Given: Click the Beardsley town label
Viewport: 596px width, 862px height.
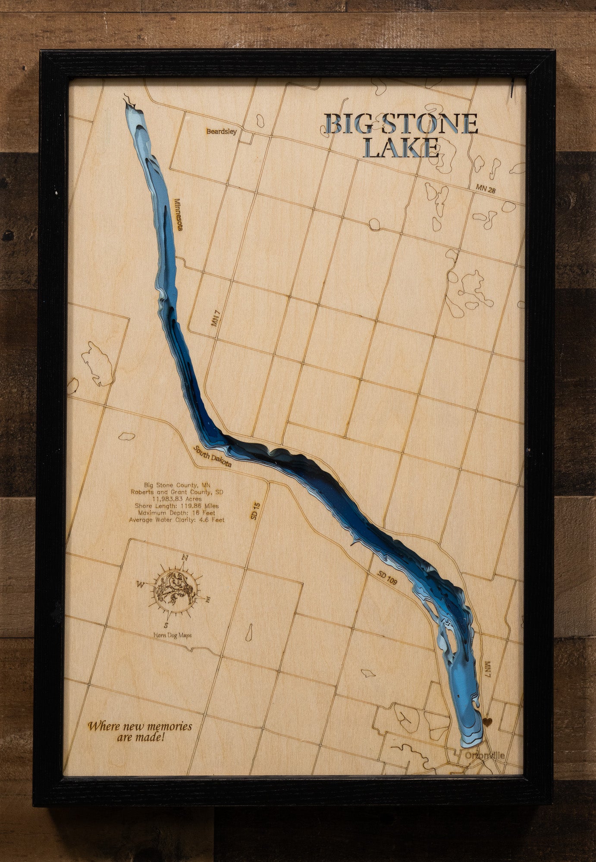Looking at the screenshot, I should coord(221,131).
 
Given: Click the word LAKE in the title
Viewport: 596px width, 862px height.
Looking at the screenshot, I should coord(401,148).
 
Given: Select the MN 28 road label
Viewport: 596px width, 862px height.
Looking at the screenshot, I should coord(486,188).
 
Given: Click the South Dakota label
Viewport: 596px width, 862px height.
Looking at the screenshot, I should coord(212,457).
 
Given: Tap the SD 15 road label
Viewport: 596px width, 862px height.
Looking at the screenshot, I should coord(255,510).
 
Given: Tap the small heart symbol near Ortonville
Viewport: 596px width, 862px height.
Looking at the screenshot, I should coord(488,722).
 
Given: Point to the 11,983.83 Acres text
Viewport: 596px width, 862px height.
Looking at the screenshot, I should coord(177,499).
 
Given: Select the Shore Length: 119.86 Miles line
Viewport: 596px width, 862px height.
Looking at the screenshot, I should coord(176,506).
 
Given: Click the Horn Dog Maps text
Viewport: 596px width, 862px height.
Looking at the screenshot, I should coord(173,635).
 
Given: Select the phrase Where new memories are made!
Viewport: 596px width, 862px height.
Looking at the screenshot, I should coord(140,731).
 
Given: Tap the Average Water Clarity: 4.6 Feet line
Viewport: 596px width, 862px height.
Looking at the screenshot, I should coord(176,520).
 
